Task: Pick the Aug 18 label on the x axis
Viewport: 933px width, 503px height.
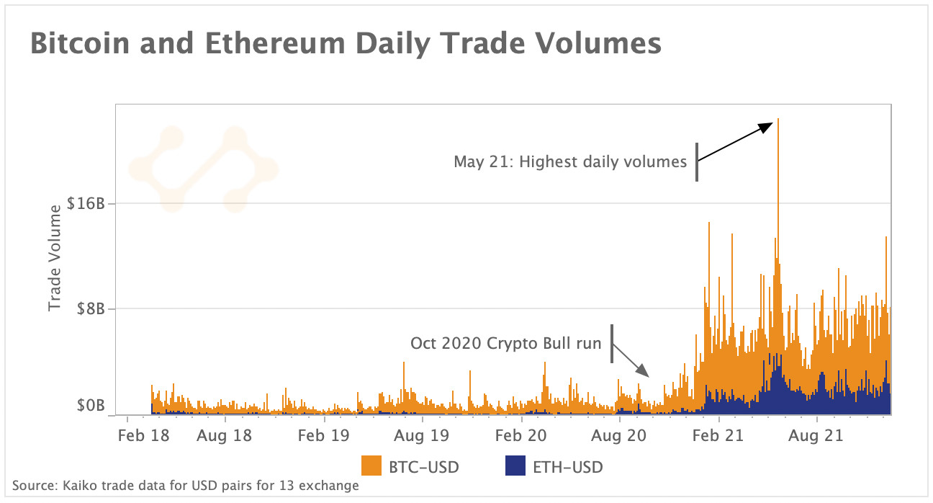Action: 225,435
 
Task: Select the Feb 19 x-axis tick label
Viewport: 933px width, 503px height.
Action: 324,435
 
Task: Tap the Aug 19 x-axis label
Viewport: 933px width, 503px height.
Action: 422,435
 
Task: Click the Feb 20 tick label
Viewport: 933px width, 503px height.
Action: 520,435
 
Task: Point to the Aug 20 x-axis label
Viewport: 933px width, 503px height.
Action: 618,435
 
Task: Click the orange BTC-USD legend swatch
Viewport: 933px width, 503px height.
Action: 371,467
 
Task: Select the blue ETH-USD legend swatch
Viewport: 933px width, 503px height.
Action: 515,467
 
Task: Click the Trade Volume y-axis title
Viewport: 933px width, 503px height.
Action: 55,258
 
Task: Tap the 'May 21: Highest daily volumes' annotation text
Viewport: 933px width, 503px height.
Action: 570,161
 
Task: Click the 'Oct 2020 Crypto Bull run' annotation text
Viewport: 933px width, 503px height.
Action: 505,343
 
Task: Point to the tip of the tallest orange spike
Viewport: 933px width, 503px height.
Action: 778,120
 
